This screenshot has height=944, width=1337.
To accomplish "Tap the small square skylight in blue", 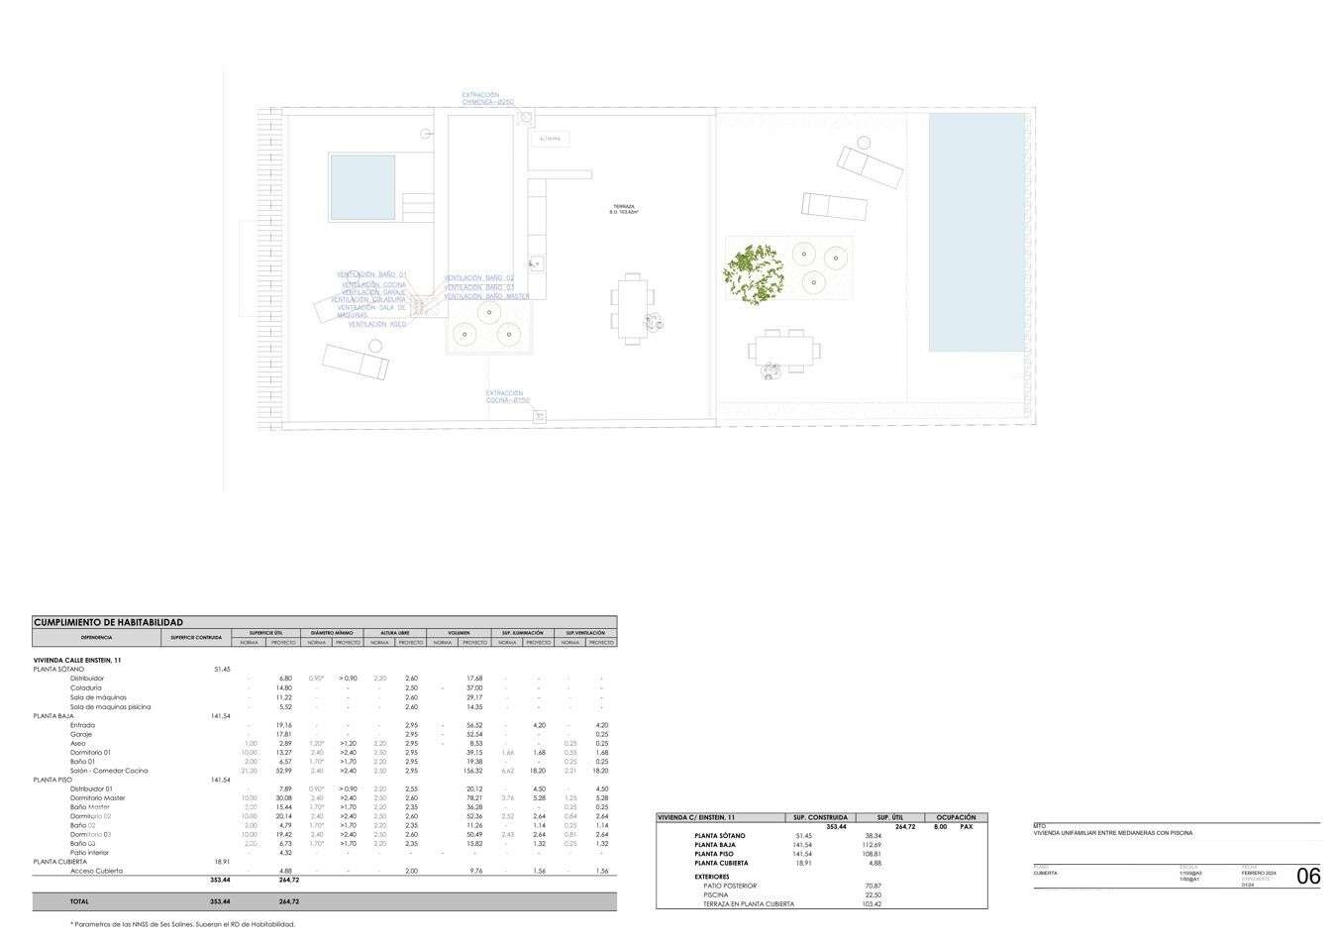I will [362, 187].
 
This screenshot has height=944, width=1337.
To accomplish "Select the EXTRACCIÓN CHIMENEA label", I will [487, 99].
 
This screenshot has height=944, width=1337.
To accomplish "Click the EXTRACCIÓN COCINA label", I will [508, 396].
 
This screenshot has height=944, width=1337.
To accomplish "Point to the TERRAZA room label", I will [623, 209].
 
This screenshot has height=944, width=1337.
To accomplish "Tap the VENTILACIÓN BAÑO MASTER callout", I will [486, 296].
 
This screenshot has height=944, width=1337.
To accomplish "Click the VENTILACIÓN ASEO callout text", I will [377, 324].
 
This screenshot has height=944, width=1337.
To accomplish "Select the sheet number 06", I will [1308, 876].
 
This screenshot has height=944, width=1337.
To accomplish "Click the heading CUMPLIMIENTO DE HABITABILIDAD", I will [108, 622].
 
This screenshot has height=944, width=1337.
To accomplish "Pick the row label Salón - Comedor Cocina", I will [109, 771].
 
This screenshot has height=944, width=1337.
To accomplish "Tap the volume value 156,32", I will [472, 771].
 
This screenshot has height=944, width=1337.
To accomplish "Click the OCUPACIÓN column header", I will [956, 817].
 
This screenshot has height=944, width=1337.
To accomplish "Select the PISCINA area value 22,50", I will [874, 894].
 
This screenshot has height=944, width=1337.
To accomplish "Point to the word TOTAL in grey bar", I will [79, 901].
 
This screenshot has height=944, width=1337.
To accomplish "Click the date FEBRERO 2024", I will [1259, 873].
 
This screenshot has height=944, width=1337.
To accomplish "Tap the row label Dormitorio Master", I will [98, 797].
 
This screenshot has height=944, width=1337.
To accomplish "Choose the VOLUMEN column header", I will [459, 632].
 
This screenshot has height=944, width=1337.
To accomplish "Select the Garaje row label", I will [81, 734].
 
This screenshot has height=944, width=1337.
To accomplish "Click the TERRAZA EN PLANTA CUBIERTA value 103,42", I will [873, 903].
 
